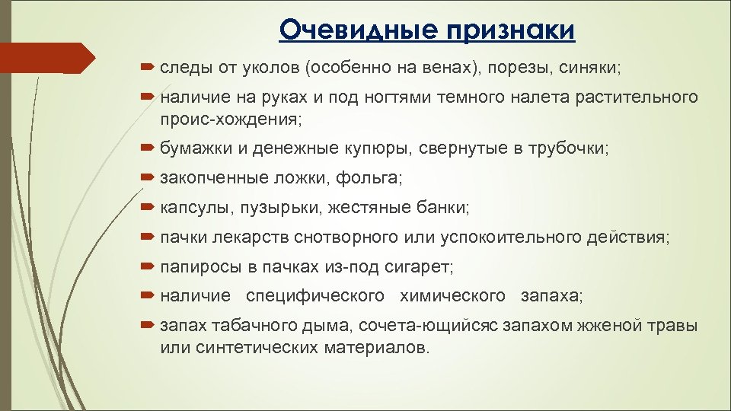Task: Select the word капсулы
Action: coord(194,207)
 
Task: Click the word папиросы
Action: coord(195,267)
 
